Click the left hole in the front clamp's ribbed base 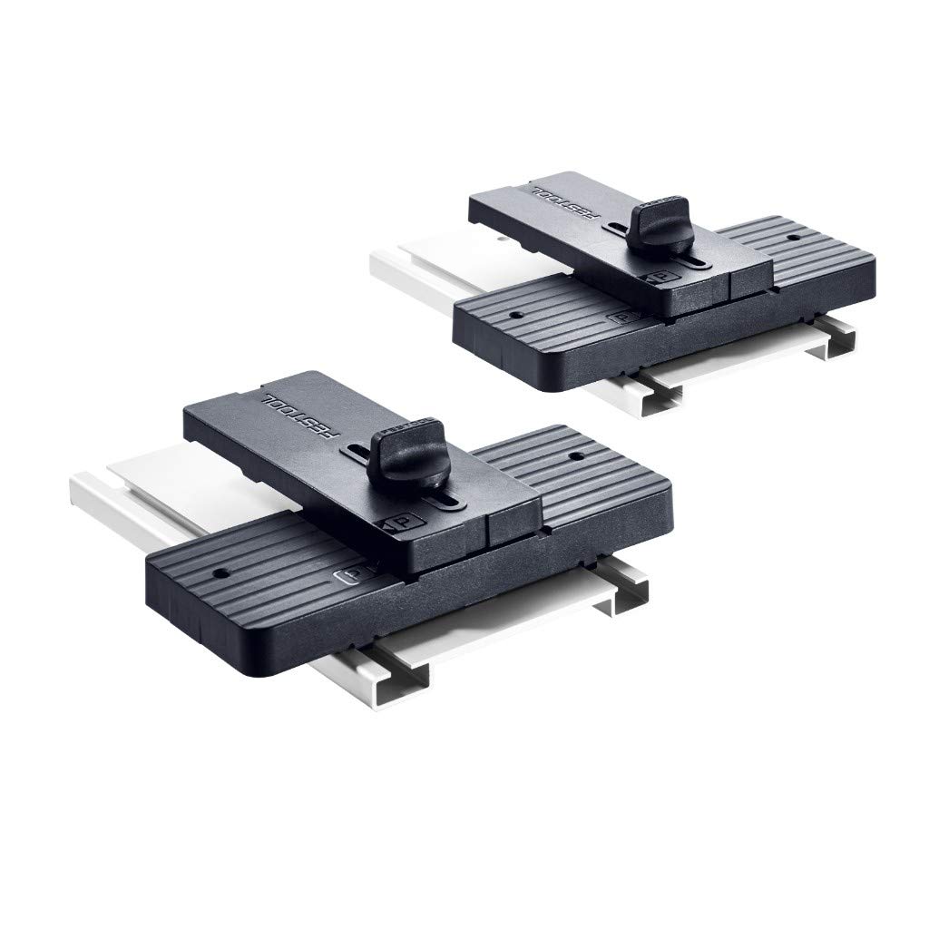pyautogui.click(x=220, y=574)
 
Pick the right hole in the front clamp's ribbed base pyautogui.click(x=574, y=457)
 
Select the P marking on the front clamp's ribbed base pyautogui.click(x=348, y=576)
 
